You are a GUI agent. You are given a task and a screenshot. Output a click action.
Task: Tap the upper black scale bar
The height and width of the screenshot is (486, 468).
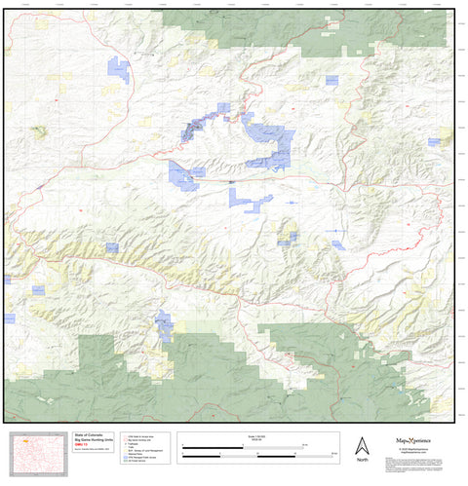click(243, 445)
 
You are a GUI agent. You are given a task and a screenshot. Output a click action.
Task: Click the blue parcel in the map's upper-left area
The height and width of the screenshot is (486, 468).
click(119, 70)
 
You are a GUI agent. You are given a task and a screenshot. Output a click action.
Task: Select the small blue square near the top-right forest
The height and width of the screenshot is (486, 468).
click(331, 79)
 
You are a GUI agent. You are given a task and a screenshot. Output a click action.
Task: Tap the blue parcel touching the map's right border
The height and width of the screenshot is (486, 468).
click(434, 142)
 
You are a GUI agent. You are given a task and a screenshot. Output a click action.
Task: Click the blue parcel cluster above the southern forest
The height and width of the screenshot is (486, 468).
click(164, 325)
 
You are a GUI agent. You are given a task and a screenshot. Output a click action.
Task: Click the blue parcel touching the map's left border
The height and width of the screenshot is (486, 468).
click(9, 318)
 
